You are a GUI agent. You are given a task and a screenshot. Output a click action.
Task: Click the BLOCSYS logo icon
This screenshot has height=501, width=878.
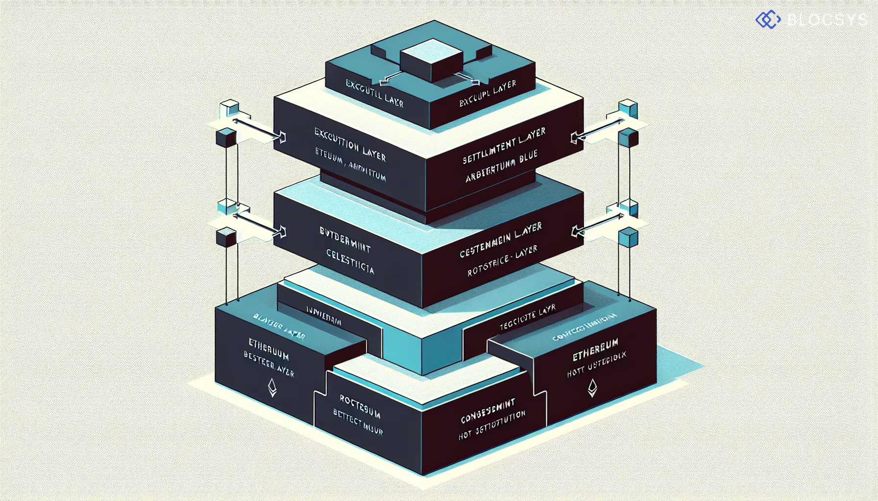click(768, 20)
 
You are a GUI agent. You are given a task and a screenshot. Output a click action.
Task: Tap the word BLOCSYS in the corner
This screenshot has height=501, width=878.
click(827, 20)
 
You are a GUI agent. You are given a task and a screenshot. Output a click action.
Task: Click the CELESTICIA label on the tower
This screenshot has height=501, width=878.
click(350, 262)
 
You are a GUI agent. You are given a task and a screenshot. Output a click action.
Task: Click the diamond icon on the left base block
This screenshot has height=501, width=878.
click(272, 387)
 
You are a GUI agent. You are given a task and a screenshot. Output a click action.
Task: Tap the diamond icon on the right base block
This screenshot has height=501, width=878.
click(592, 387)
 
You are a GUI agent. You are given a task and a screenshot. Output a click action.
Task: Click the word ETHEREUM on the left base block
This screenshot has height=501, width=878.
click(268, 348)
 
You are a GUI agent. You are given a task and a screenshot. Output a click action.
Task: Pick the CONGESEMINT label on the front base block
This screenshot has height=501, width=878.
click(488, 411)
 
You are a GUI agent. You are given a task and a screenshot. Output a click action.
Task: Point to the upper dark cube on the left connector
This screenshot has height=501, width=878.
click(226, 138)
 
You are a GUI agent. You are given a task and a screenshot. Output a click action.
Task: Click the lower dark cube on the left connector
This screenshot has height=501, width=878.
click(226, 237)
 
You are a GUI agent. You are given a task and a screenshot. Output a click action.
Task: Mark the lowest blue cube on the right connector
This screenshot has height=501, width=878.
click(628, 238)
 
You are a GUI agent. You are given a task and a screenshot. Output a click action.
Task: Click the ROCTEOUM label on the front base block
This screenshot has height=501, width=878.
click(360, 407)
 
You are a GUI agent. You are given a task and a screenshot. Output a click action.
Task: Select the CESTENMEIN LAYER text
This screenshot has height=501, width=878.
click(501, 240)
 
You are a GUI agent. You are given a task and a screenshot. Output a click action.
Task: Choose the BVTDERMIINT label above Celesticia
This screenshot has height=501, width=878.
click(345, 239)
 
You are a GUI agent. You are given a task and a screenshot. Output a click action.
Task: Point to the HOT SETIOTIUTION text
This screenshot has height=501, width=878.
click(492, 425)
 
